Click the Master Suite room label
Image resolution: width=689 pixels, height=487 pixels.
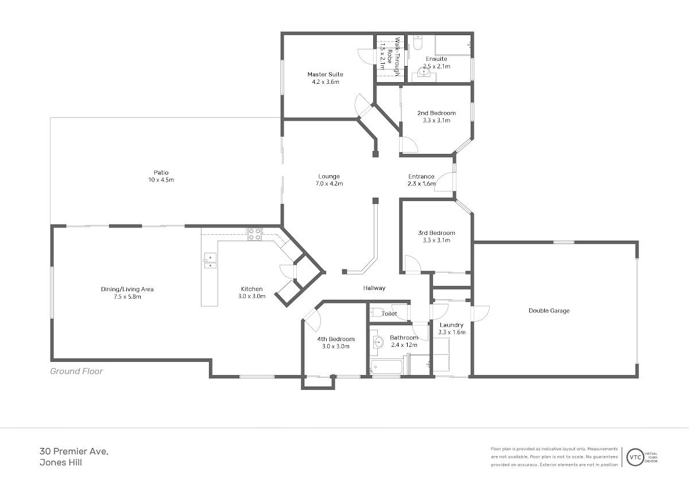click(x=325, y=74)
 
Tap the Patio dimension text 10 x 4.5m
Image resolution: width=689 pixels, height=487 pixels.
click(x=161, y=180)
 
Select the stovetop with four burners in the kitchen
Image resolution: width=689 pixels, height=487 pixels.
click(x=254, y=234)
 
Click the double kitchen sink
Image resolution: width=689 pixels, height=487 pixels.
click(x=210, y=261)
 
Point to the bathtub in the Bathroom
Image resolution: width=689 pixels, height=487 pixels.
click(x=386, y=367)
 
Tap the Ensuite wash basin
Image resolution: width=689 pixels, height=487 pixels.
click(x=424, y=73)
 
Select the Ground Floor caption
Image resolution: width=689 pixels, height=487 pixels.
click(x=76, y=372)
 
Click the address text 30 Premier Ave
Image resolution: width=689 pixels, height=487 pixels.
click(x=74, y=451)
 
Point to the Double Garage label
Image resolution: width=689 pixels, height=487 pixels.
click(x=549, y=311)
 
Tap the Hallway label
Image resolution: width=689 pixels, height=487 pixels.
click(x=374, y=288)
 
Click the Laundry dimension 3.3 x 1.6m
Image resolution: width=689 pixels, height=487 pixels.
click(x=451, y=333)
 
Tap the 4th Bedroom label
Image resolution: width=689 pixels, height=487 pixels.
click(x=336, y=339)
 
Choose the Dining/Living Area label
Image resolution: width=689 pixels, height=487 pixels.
click(x=127, y=289)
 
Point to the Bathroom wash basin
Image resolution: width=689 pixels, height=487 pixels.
click(x=378, y=342)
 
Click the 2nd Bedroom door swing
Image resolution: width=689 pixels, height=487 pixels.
click(x=408, y=145)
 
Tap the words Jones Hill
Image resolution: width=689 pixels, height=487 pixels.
click(x=61, y=463)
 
